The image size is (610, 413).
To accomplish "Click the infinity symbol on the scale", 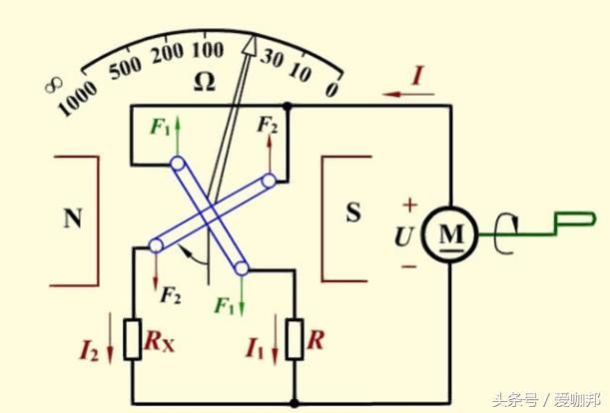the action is (53, 85).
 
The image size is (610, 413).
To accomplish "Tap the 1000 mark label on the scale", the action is (77, 99).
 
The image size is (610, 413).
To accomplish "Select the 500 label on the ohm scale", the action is (125, 68).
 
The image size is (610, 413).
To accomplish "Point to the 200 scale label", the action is (168, 53).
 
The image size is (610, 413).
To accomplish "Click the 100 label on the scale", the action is (208, 50).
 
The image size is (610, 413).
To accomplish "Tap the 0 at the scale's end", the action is (331, 88).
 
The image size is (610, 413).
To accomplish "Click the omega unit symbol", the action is (205, 83).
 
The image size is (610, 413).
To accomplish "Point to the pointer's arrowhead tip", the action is (254, 35).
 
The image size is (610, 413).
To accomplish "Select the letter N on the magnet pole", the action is (73, 217).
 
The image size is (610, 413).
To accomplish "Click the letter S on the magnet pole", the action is (353, 212).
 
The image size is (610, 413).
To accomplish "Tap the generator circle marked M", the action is (450, 234).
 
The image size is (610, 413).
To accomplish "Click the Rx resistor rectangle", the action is (132, 339).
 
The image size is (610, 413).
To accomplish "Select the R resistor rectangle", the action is (295, 339).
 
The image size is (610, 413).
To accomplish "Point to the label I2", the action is (89, 350).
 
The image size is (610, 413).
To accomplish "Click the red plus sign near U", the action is (409, 205).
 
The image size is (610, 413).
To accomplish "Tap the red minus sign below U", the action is (409, 266).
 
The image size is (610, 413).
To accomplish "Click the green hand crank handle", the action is (575, 219).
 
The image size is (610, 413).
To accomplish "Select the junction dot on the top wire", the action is (288, 106).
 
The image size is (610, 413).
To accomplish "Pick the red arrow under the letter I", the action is (408, 94).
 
